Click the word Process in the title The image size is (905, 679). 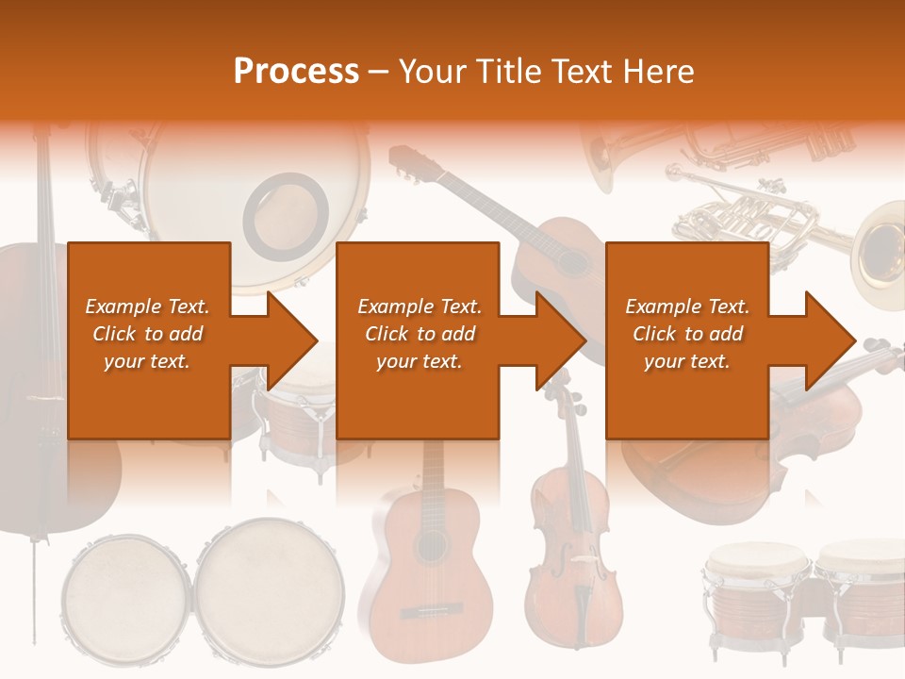coord(296,71)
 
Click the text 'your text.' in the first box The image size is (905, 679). coord(147,361)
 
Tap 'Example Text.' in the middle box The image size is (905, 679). coord(419,306)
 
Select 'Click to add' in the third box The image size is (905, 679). coord(687,334)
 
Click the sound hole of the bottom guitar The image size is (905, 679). coord(431,548)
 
